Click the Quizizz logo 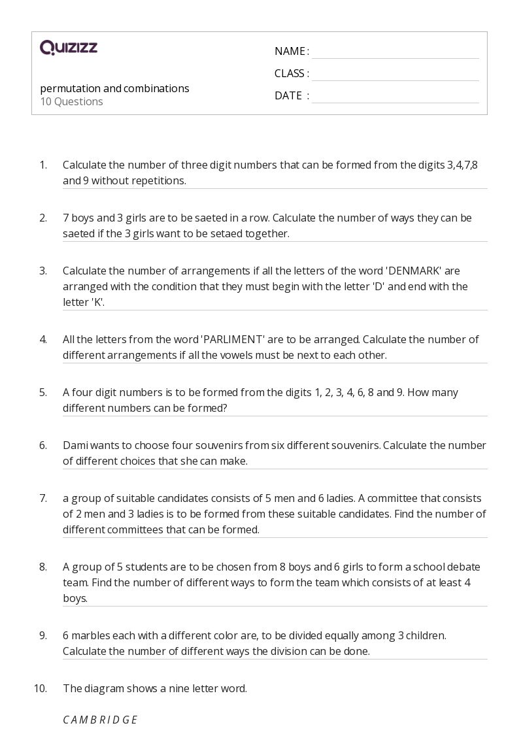click(x=69, y=47)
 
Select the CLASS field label click(x=290, y=73)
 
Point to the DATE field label click(x=289, y=95)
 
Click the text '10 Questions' click(x=71, y=102)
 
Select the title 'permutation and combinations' click(x=114, y=88)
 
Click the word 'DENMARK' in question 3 click(x=415, y=271)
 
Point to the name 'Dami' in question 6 click(x=75, y=445)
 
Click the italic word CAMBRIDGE click(x=100, y=720)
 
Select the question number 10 click(x=41, y=688)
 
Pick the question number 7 click(x=43, y=498)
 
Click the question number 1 click(x=43, y=165)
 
